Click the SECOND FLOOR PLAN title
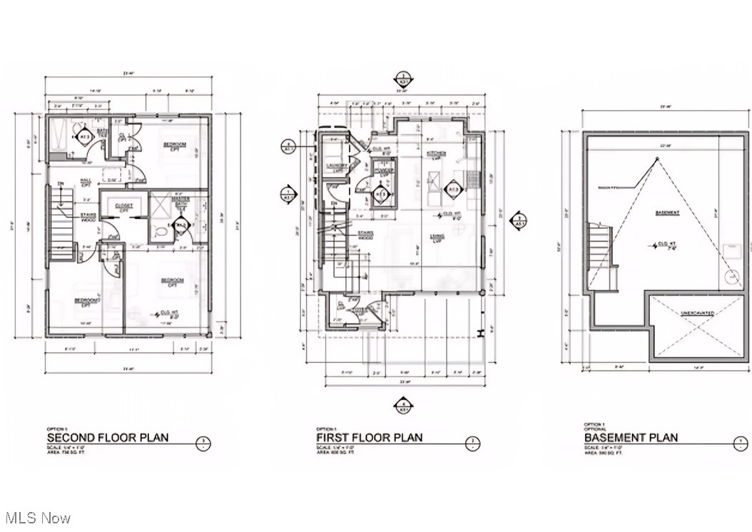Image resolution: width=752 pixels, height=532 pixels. (108, 437)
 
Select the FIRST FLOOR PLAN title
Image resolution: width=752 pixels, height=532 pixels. (369, 437)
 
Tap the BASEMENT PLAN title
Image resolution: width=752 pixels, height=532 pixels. (631, 437)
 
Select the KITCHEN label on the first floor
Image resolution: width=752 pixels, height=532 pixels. (435, 154)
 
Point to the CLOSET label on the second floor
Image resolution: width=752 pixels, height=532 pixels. (123, 207)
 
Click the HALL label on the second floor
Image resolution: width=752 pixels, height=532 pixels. (85, 182)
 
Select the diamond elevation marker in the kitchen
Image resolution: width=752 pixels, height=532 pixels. (452, 190)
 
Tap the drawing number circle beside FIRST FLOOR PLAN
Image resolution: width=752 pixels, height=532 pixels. (472, 443)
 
